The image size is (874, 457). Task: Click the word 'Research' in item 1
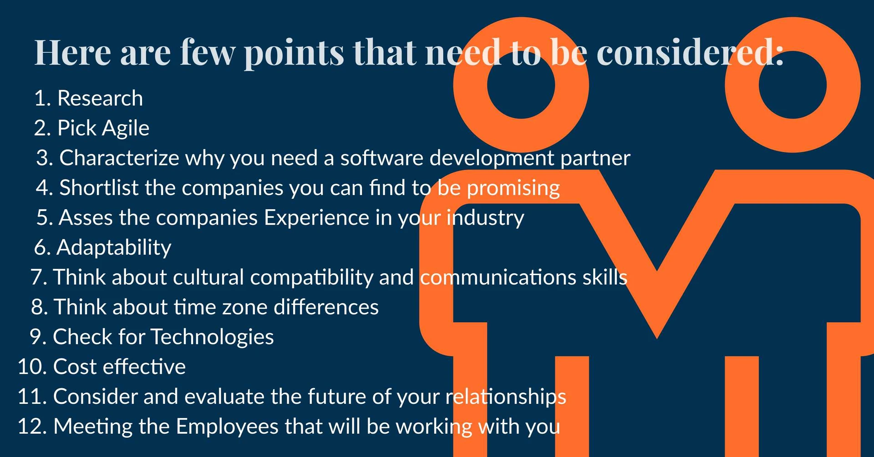[100, 98]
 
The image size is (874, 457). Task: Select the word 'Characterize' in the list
[119, 158]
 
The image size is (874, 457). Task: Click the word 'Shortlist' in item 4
[99, 187]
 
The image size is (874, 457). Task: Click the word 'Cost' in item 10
[76, 367]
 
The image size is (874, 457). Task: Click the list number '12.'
[32, 427]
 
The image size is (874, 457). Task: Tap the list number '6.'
[42, 247]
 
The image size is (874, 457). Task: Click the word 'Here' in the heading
[73, 52]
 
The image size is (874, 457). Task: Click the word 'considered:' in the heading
[690, 52]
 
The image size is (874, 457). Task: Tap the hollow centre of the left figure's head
[521, 85]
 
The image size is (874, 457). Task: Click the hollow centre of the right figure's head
[793, 85]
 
